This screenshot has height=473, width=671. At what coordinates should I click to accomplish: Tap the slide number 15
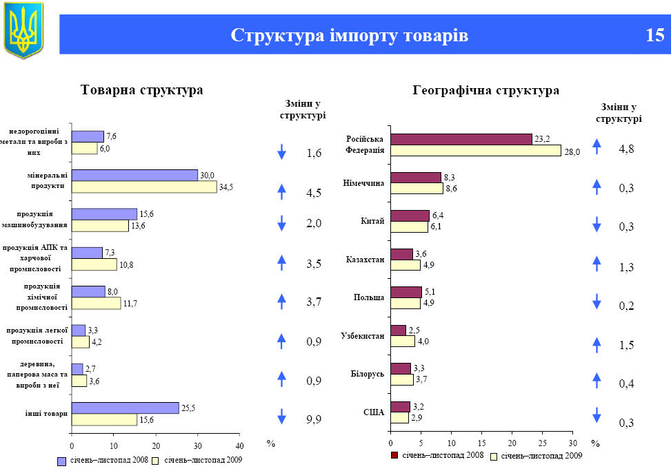(x=654, y=35)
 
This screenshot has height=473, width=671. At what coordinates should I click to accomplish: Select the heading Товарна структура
(x=141, y=90)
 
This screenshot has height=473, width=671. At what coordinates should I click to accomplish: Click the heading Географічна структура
(x=485, y=90)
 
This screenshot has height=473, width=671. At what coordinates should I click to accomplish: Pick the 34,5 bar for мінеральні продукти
(x=144, y=187)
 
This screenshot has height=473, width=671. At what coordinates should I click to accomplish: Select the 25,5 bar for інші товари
(x=125, y=408)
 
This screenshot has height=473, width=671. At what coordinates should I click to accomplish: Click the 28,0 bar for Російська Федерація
(x=476, y=151)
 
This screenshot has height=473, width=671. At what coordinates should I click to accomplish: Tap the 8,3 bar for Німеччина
(x=415, y=177)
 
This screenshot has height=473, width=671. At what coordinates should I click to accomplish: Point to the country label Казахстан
(x=365, y=260)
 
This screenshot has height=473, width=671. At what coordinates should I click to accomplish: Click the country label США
(x=373, y=412)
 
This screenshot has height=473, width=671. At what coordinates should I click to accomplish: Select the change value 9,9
(x=314, y=419)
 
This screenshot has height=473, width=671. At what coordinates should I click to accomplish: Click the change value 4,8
(x=627, y=148)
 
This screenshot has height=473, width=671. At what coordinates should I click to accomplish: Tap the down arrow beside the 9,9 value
(x=281, y=416)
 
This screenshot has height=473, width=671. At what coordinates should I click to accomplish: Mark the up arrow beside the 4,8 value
(x=597, y=145)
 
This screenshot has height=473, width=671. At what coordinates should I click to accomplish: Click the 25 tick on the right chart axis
(x=542, y=443)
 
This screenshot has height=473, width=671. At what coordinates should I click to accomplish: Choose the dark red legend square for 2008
(x=394, y=455)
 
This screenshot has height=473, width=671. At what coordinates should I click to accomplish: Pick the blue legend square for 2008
(x=61, y=460)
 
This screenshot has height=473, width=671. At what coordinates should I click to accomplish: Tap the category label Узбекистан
(x=362, y=336)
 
